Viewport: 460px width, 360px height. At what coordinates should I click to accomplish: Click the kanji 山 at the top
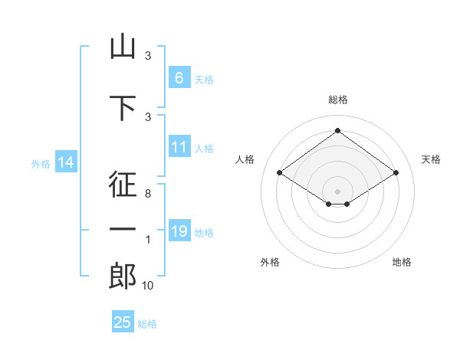(123, 46)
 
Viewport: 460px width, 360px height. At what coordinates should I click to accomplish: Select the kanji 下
(123, 108)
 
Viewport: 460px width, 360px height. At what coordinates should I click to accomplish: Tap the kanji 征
(123, 185)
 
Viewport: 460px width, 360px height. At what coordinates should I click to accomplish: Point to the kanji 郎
(123, 276)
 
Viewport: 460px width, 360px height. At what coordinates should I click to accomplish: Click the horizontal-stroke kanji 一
(123, 229)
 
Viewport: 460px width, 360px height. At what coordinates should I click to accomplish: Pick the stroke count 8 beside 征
(148, 194)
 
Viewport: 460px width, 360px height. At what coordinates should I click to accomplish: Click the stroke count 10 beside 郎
(147, 285)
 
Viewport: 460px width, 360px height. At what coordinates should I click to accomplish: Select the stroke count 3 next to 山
(148, 55)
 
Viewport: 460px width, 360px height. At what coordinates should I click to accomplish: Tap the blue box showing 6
(179, 77)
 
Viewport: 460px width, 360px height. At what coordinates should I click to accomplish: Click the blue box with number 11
(179, 146)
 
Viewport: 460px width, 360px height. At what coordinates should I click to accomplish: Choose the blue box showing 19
(179, 230)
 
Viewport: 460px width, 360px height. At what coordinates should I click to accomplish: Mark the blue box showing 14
(66, 162)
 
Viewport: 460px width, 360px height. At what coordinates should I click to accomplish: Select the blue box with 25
(123, 321)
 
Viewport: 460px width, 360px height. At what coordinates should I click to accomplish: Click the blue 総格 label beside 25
(147, 324)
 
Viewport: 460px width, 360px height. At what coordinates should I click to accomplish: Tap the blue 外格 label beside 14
(41, 164)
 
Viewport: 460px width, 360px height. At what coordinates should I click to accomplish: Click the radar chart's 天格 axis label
(431, 159)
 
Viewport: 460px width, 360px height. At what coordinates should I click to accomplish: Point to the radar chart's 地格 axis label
(402, 262)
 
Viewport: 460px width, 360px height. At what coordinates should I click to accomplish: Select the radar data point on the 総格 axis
(337, 130)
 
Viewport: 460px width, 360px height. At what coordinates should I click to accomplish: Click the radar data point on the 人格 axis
(280, 172)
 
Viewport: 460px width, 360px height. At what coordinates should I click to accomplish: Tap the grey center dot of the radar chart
(337, 191)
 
